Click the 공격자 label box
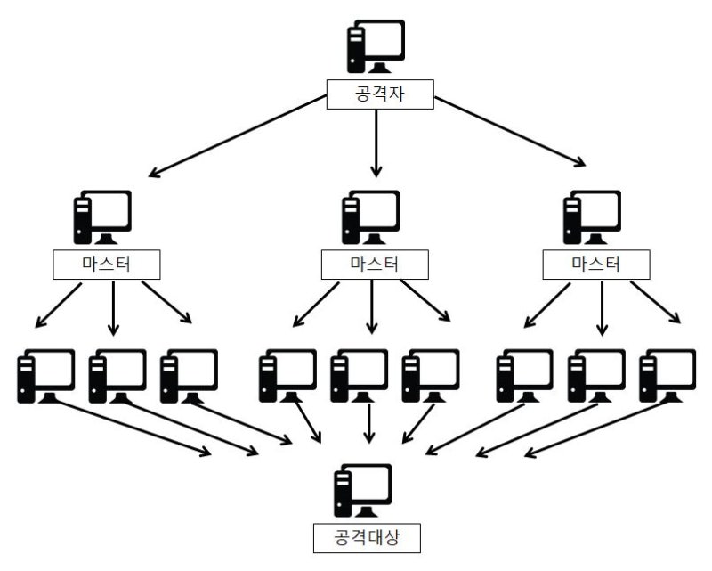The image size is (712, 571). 380,94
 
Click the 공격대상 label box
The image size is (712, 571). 367,538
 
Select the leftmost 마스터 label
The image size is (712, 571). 106,265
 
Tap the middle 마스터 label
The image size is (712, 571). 374,265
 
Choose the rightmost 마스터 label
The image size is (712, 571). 595,265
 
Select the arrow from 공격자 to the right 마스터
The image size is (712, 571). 510,131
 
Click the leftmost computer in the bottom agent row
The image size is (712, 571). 45,376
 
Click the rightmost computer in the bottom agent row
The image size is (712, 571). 667,376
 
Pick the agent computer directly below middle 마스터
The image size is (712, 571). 359,376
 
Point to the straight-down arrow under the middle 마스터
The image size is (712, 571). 372,307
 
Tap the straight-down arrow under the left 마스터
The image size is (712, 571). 113,307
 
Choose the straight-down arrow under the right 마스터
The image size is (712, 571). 603,307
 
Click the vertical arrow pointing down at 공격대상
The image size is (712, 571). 369,423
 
